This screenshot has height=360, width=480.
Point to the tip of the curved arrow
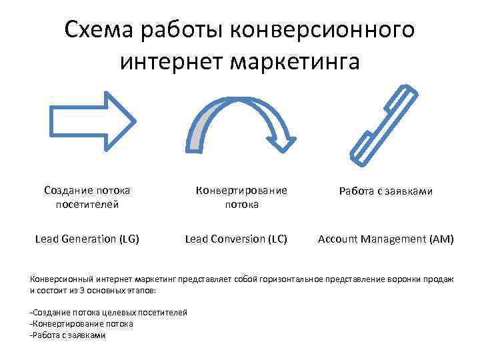click(x=287, y=142)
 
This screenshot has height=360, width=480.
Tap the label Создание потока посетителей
click(x=87, y=197)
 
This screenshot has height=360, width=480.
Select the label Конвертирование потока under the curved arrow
click(x=241, y=197)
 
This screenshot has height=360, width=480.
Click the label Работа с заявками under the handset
click(x=385, y=191)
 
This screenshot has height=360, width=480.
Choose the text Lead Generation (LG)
click(x=87, y=238)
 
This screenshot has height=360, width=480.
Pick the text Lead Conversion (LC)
click(x=236, y=238)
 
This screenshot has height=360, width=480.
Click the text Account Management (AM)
click(x=385, y=238)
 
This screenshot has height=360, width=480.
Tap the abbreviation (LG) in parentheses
click(x=128, y=238)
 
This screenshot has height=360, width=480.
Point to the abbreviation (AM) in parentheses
click(x=441, y=238)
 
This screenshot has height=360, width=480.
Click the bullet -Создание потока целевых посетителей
click(x=109, y=313)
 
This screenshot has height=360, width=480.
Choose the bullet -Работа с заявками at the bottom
click(x=68, y=335)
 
